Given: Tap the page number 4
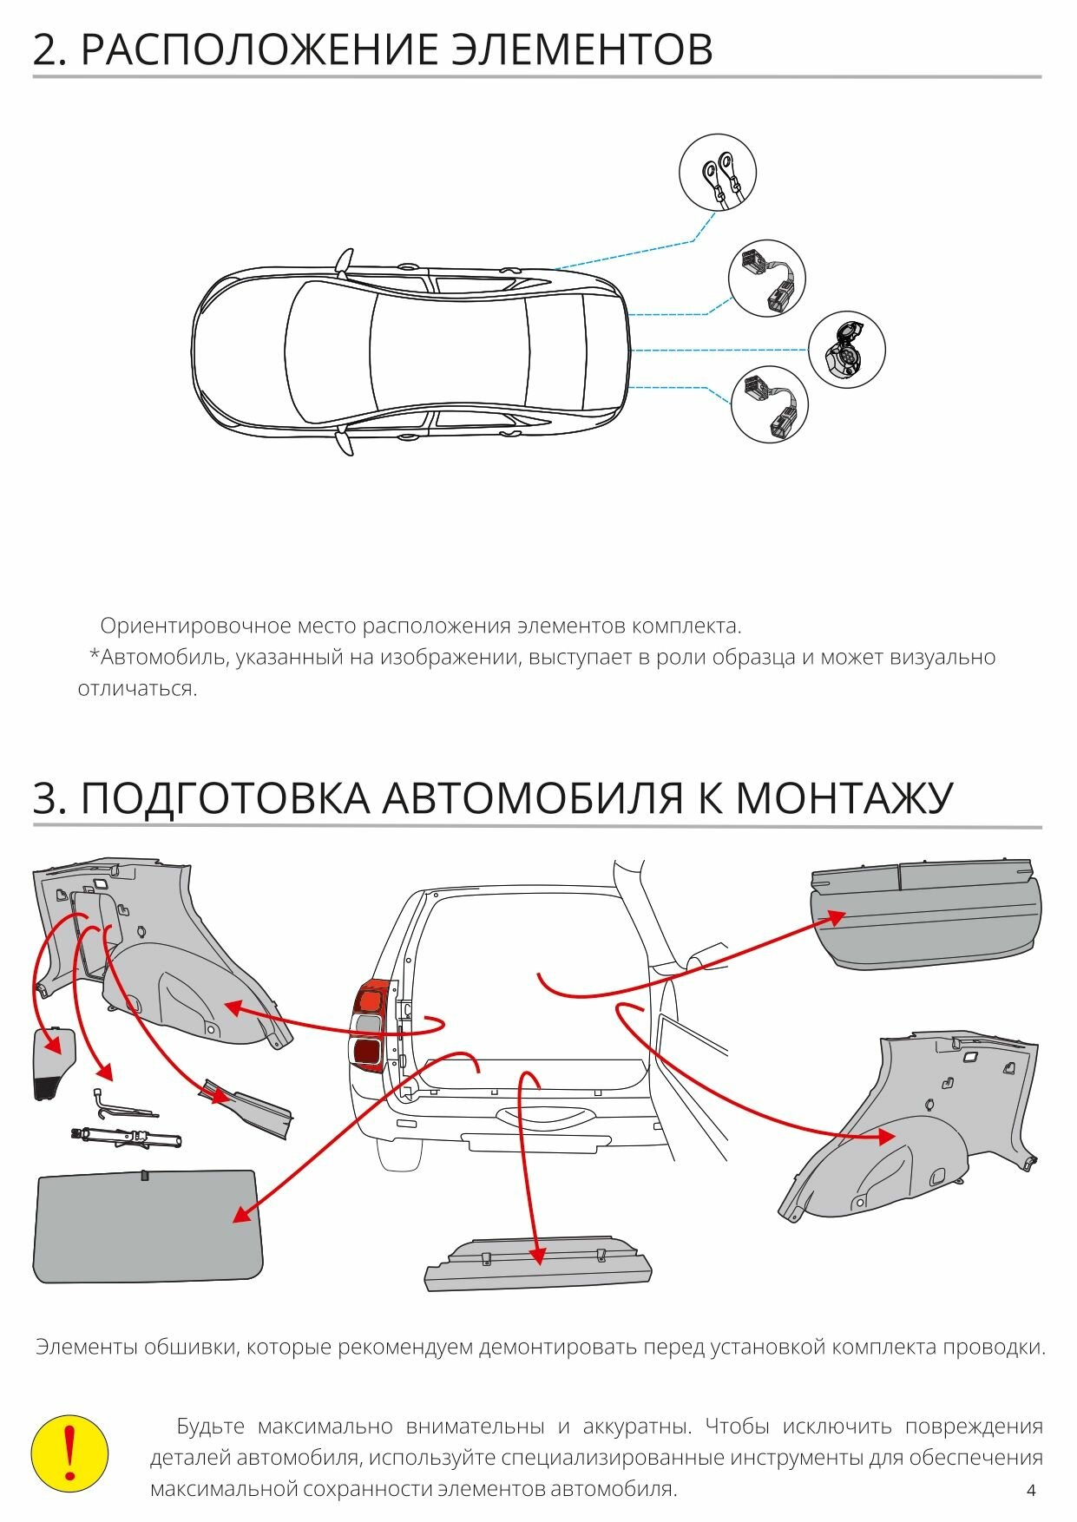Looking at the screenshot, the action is click(x=1031, y=1491).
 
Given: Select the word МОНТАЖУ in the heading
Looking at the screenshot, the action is click(x=844, y=798).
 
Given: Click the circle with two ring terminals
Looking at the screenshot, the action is click(x=717, y=172).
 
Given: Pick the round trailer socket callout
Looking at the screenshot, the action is click(x=846, y=349).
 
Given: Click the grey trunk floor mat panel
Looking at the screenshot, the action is click(x=148, y=1225).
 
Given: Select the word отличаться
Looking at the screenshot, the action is click(x=137, y=689).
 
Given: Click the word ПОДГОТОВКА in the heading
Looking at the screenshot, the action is click(x=226, y=798).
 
